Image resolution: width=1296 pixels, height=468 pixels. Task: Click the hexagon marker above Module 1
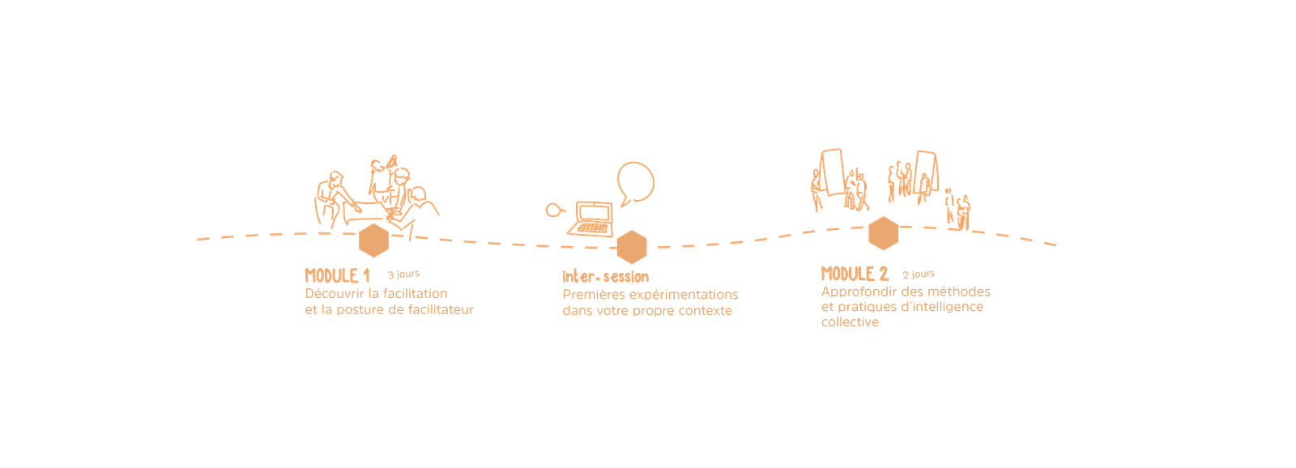[373, 240]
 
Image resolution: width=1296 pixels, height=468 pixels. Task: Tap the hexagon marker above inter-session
[631, 245]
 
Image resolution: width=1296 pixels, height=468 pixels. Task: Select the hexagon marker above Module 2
[883, 233]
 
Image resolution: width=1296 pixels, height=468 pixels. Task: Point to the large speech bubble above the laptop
[635, 183]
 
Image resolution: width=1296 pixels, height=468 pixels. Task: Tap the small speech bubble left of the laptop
[553, 211]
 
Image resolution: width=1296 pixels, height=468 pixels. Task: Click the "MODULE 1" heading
[337, 275]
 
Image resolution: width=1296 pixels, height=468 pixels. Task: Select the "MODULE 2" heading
[855, 274]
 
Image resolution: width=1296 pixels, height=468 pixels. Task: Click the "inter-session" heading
[605, 277]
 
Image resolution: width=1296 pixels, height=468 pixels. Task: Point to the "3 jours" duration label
[403, 274]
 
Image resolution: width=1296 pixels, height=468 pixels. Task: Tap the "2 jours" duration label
[919, 274]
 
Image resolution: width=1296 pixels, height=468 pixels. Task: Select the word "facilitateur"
[441, 309]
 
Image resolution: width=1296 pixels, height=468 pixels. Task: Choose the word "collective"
[850, 322]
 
